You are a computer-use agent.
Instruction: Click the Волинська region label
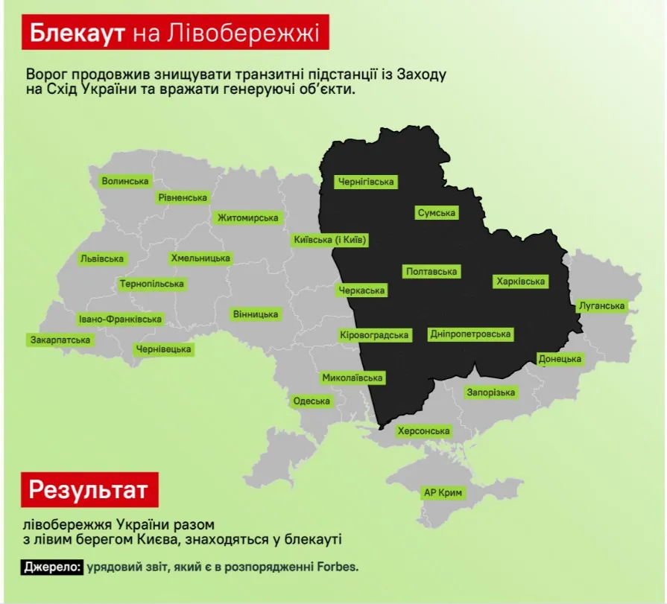(x=125, y=181)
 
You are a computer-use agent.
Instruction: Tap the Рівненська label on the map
(x=182, y=197)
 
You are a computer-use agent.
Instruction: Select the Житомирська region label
(x=247, y=217)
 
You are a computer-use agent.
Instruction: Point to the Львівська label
(x=101, y=258)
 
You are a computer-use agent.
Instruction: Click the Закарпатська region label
(x=60, y=340)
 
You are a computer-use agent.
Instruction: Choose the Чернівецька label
(x=163, y=349)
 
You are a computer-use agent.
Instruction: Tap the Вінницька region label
(x=256, y=314)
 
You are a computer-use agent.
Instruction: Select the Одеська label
(x=312, y=401)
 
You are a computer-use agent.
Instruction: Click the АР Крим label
(x=443, y=493)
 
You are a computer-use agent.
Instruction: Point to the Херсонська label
(x=423, y=431)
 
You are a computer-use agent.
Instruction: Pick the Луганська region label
(x=601, y=306)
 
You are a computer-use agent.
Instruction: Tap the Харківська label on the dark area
(x=520, y=282)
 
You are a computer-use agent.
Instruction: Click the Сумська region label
(x=436, y=213)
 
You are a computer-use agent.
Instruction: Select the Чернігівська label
(x=366, y=182)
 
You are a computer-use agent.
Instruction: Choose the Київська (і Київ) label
(x=330, y=240)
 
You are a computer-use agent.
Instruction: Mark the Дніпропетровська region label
(x=470, y=334)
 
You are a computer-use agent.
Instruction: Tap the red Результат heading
(x=89, y=490)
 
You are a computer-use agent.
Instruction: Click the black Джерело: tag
(x=52, y=567)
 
